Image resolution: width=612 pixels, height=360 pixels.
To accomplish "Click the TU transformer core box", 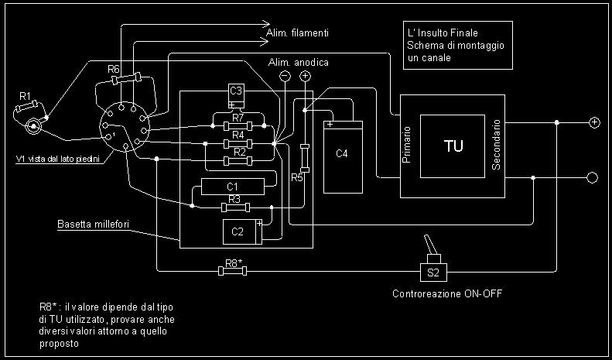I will click(x=453, y=146).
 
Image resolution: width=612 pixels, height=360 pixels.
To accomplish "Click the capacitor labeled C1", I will click(x=233, y=186).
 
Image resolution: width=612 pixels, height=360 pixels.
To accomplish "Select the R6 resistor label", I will click(x=114, y=70).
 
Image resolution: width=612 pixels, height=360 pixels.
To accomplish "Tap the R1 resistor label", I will click(x=25, y=96).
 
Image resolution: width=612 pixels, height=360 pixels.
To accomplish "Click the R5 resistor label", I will click(x=297, y=179).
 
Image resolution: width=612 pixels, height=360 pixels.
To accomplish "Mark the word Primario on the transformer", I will click(x=407, y=145).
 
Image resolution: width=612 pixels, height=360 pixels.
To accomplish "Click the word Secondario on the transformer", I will click(x=497, y=145).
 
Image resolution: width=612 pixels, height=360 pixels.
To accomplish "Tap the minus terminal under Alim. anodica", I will click(x=285, y=76).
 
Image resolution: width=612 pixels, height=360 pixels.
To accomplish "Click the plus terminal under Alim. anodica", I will click(x=305, y=76).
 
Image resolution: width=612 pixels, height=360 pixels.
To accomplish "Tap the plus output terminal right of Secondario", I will click(x=594, y=122).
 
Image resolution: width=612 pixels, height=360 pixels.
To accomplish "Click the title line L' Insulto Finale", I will click(x=442, y=34).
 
